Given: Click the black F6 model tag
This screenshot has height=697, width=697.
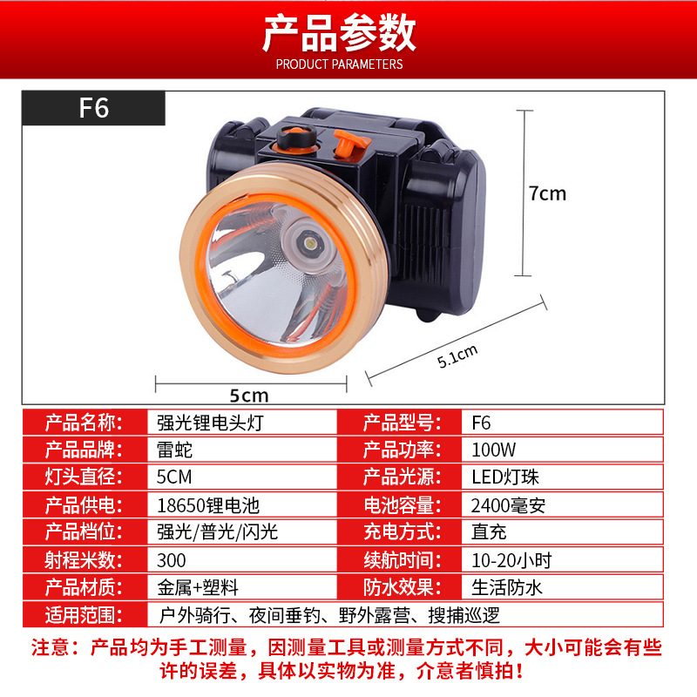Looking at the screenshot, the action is click(93, 108).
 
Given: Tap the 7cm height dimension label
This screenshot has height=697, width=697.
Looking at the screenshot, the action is click(547, 193).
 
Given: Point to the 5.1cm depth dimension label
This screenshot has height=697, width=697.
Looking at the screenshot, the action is click(457, 356).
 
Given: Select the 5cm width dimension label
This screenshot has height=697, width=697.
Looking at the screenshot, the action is click(249, 396).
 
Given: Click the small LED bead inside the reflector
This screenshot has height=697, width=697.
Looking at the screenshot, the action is click(310, 244).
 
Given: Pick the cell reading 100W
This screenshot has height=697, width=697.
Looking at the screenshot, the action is click(493, 450).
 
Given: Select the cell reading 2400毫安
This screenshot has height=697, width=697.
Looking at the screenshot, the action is click(508, 505).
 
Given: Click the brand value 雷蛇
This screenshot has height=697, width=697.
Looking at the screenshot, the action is click(174, 450).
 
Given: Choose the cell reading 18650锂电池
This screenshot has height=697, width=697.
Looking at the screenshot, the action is click(208, 505).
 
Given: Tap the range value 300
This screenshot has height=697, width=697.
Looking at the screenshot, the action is click(171, 560).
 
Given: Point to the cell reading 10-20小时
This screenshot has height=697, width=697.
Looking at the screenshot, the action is click(511, 560).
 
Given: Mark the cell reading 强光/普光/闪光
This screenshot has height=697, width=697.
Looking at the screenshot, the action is click(217, 532).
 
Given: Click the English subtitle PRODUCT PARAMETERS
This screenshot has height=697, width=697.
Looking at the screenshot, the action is click(339, 64).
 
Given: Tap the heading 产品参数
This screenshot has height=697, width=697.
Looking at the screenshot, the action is click(339, 33).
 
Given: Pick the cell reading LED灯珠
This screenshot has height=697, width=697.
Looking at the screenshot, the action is click(505, 477).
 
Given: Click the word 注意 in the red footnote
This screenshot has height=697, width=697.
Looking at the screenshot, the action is click(51, 647).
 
